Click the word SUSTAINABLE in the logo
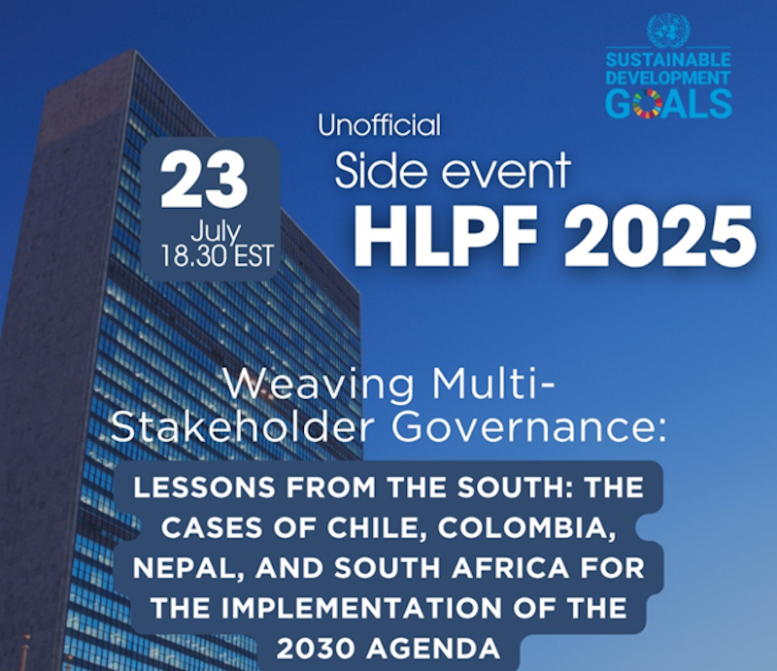coord(667,59)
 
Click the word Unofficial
coord(379,125)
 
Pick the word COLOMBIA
coord(513,533)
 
